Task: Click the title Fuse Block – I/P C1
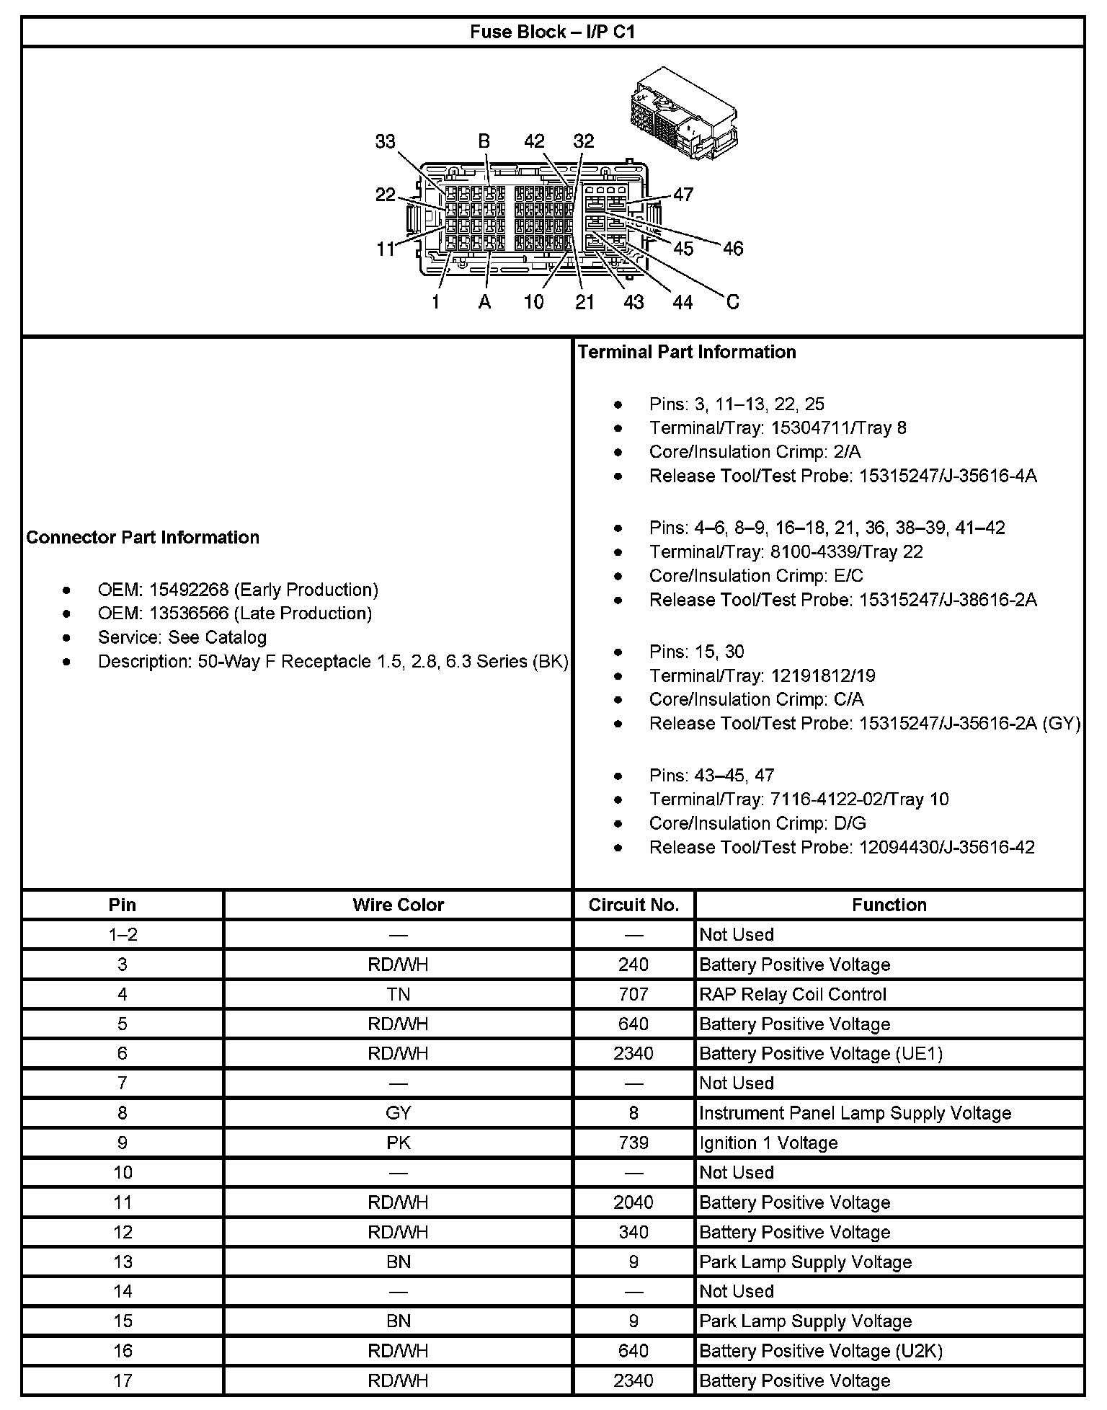click(x=553, y=32)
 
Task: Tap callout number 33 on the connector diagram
click(x=386, y=141)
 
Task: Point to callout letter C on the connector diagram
click(x=732, y=302)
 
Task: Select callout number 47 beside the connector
click(x=683, y=194)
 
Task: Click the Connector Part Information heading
click(x=143, y=537)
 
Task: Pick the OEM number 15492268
click(x=189, y=590)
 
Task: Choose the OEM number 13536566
click(x=189, y=613)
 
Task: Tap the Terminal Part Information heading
click(x=687, y=352)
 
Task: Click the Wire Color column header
click(x=398, y=905)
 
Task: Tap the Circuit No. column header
click(x=633, y=905)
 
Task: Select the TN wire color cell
click(x=398, y=994)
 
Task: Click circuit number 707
click(x=633, y=994)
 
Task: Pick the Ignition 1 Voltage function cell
click(x=768, y=1143)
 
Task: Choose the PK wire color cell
click(x=398, y=1143)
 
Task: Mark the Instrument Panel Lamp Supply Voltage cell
click(x=855, y=1113)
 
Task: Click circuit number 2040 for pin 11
click(x=633, y=1202)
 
